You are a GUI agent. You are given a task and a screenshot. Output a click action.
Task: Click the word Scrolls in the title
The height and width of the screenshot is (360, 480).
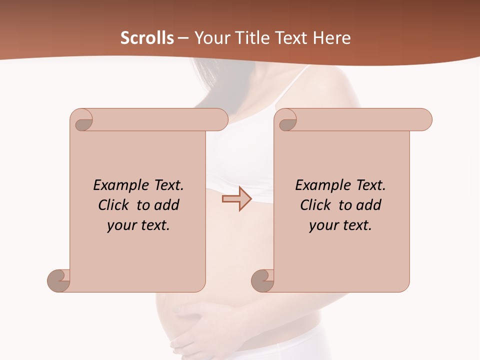coord(147,38)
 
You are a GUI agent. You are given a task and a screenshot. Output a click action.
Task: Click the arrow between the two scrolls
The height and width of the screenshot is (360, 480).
coord(236,199)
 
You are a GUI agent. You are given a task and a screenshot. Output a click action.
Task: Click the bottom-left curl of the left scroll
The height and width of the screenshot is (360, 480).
coord(59,280)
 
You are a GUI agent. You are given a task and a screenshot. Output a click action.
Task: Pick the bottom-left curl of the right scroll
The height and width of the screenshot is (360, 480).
coord(262,280)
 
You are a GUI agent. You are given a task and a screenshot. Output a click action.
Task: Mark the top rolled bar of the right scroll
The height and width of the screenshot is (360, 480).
coord(360,119)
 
